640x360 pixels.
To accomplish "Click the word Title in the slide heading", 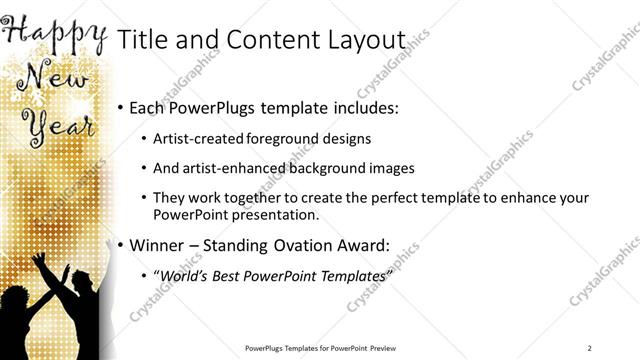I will pyautogui.click(x=142, y=40).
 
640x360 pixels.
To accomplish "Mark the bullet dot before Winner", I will pyautogui.click(x=121, y=244).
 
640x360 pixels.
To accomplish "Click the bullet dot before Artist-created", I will pyautogui.click(x=145, y=140).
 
